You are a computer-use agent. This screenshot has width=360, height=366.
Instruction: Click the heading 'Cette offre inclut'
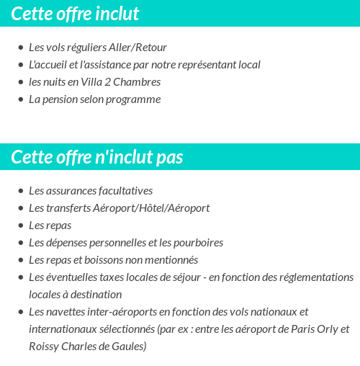[75, 14]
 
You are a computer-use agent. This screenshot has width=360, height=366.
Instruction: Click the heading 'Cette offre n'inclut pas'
[97, 157]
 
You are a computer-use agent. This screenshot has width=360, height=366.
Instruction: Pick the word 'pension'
[59, 99]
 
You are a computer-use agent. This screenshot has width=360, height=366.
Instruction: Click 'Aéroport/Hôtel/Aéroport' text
[151, 208]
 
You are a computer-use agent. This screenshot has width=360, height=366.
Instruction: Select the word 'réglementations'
[316, 277]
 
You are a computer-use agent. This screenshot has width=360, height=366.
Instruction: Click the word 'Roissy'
[44, 347]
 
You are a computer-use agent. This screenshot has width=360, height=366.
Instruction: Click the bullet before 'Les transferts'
[20, 209]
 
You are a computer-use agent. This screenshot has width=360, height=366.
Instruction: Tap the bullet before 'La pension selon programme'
[20, 100]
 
